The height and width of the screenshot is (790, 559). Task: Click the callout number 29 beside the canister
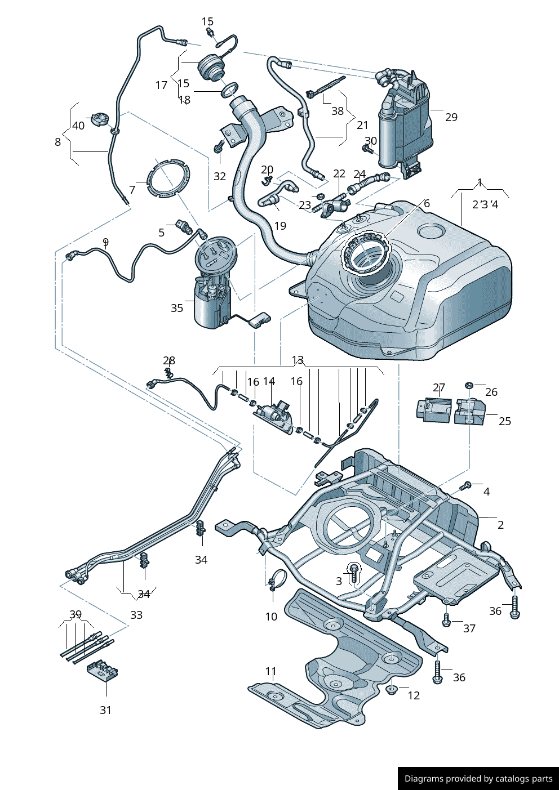(x=451, y=117)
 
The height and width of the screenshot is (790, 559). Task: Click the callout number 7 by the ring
(x=132, y=190)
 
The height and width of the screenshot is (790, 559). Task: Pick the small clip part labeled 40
(x=100, y=120)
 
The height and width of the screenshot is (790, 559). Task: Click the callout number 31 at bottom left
(x=105, y=710)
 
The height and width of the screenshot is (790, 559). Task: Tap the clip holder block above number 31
(x=103, y=671)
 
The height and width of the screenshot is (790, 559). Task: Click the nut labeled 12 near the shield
(x=392, y=689)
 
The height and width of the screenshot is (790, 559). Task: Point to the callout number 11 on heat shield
(x=271, y=671)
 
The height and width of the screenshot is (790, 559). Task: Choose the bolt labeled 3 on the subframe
(x=354, y=573)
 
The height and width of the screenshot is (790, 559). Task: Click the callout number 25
(x=504, y=421)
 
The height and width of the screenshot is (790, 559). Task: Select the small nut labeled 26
(x=469, y=385)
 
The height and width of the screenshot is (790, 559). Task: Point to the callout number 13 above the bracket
(x=298, y=360)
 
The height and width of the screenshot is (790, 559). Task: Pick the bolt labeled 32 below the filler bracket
(x=218, y=148)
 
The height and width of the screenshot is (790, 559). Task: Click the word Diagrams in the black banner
(x=423, y=779)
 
